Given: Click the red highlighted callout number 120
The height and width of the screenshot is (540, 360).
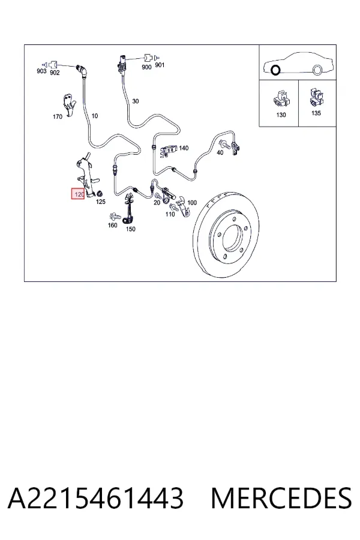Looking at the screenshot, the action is point(78,194).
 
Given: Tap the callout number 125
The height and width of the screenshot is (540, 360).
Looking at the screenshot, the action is point(101,202).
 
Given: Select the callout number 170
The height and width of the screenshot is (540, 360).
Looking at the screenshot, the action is point(58,116).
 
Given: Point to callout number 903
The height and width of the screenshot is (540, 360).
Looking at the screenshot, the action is point(41,71).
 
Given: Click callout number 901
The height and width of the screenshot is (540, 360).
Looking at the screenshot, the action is point(160,65).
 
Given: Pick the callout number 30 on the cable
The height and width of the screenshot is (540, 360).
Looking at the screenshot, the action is point(136,101).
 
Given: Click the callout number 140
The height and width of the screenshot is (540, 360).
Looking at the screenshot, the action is point(184,148).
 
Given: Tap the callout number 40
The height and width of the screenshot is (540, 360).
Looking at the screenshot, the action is point(220,152).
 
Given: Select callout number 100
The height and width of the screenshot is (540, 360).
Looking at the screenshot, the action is point(192,203).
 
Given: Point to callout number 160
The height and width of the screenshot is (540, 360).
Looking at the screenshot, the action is point(113,225).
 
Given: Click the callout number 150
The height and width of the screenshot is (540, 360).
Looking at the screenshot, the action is point(131,229).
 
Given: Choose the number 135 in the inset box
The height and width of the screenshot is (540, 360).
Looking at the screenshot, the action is point(316,113).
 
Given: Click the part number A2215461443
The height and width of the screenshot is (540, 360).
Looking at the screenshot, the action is point(96,498).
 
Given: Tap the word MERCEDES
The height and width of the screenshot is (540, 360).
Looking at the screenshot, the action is point(281,498).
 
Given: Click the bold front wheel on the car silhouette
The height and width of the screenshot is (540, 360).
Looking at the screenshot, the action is point(275,70).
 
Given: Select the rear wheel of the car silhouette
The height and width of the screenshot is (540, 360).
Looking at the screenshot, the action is point(317,70).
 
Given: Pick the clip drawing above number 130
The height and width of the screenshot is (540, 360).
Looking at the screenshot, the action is point(281,98).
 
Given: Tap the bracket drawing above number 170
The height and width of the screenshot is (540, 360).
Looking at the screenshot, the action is point(69,104).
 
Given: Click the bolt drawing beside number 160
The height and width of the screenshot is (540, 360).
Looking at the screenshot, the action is point(115,217).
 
